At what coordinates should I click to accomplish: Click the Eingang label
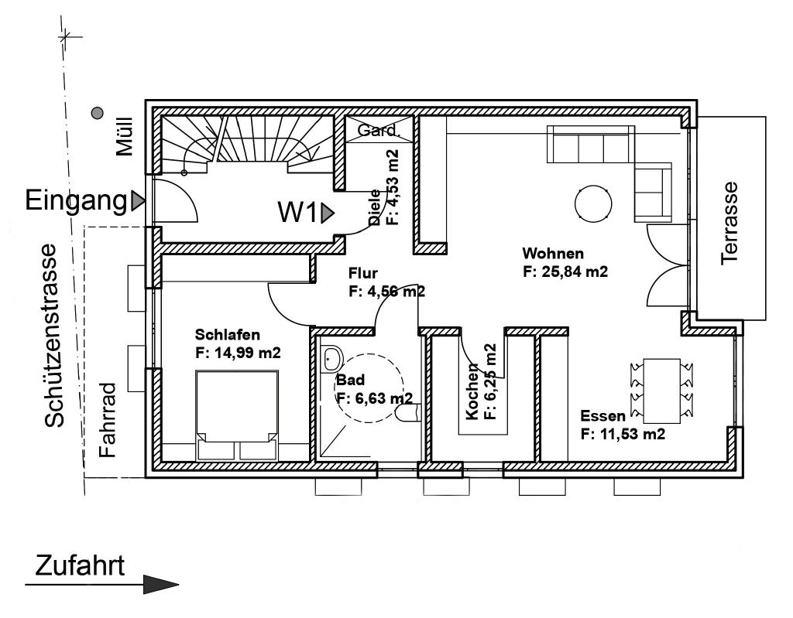[x=76, y=200]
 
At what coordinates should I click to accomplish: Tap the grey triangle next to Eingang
[x=137, y=200]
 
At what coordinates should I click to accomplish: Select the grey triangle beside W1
[x=327, y=212]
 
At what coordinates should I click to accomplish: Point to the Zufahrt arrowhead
[x=161, y=585]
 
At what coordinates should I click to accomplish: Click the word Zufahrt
[x=80, y=566]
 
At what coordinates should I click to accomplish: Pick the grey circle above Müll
[x=97, y=113]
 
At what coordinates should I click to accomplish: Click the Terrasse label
[x=729, y=223]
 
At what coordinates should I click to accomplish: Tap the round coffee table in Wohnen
[x=592, y=203]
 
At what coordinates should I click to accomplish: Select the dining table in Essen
[x=661, y=391]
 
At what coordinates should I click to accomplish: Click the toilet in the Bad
[x=409, y=412]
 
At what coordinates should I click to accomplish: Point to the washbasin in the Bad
[x=331, y=358]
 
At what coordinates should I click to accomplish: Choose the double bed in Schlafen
[x=237, y=415]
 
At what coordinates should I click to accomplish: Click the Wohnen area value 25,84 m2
[x=565, y=271]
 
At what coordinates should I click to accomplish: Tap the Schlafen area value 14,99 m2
[x=238, y=353]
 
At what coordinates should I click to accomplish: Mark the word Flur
[x=362, y=273]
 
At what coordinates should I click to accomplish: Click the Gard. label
[x=378, y=131]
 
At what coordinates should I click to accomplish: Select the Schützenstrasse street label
[x=54, y=336]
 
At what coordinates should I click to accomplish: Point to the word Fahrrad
[x=108, y=421]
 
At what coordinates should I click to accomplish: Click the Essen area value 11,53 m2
[x=623, y=434]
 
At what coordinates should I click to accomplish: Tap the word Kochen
[x=472, y=391]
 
